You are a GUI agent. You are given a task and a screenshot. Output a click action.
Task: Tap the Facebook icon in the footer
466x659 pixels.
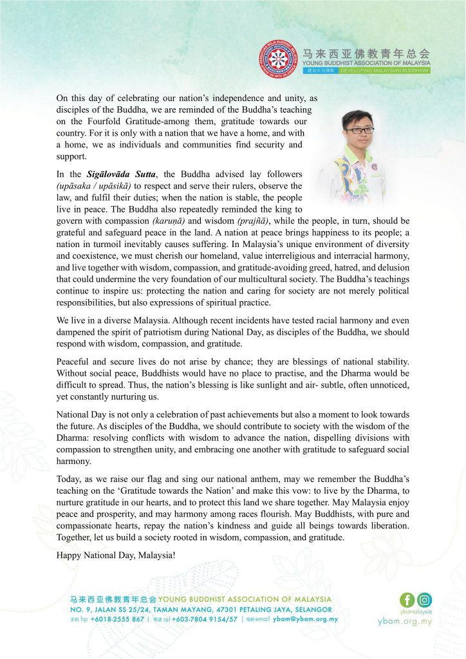pyautogui.click(x=407, y=600)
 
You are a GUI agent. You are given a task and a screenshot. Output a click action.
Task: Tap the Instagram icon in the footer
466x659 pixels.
pyautogui.click(x=425, y=600)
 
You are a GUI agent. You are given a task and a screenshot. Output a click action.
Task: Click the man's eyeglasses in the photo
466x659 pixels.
pyautogui.click(x=359, y=130)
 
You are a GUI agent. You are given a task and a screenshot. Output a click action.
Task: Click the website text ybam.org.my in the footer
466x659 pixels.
pyautogui.click(x=405, y=622)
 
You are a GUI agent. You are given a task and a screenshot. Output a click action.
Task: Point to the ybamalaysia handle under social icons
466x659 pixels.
pyautogui.click(x=415, y=612)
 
